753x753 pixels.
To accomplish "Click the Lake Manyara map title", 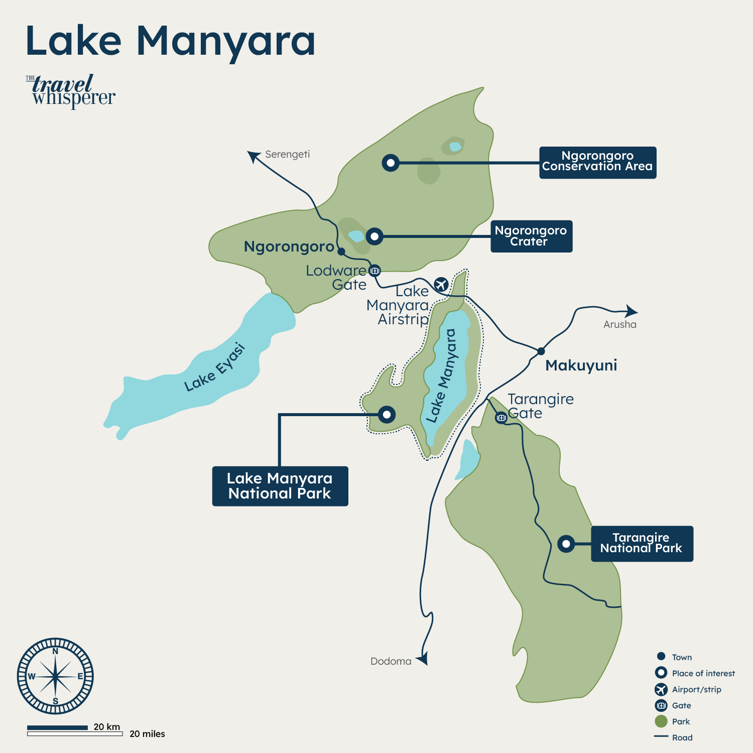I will [x=170, y=41].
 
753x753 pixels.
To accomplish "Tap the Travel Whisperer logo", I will [x=71, y=91].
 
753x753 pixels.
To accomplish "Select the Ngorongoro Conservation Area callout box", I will [x=597, y=162].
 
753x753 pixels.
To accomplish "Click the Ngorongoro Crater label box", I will [x=531, y=236].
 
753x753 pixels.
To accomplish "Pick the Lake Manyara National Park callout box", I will [x=280, y=486].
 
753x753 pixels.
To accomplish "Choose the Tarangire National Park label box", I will [x=642, y=544].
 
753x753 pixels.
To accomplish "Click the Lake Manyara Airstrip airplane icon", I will [x=441, y=284].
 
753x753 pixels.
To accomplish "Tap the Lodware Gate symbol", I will [x=374, y=271].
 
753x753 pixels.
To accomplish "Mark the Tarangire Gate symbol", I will [x=501, y=417].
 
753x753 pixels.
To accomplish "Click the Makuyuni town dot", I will [x=541, y=351].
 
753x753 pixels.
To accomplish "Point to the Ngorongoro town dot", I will [x=341, y=252].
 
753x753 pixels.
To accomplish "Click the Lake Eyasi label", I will [x=214, y=367].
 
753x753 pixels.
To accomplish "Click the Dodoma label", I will [x=391, y=661].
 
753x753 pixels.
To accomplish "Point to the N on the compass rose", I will [x=55, y=651].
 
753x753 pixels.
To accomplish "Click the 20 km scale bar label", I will [x=107, y=726].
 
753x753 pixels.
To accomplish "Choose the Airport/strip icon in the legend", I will [x=661, y=689].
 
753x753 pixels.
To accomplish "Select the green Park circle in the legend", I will [x=661, y=721].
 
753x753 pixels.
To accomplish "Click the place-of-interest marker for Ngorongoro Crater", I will [x=374, y=236].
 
